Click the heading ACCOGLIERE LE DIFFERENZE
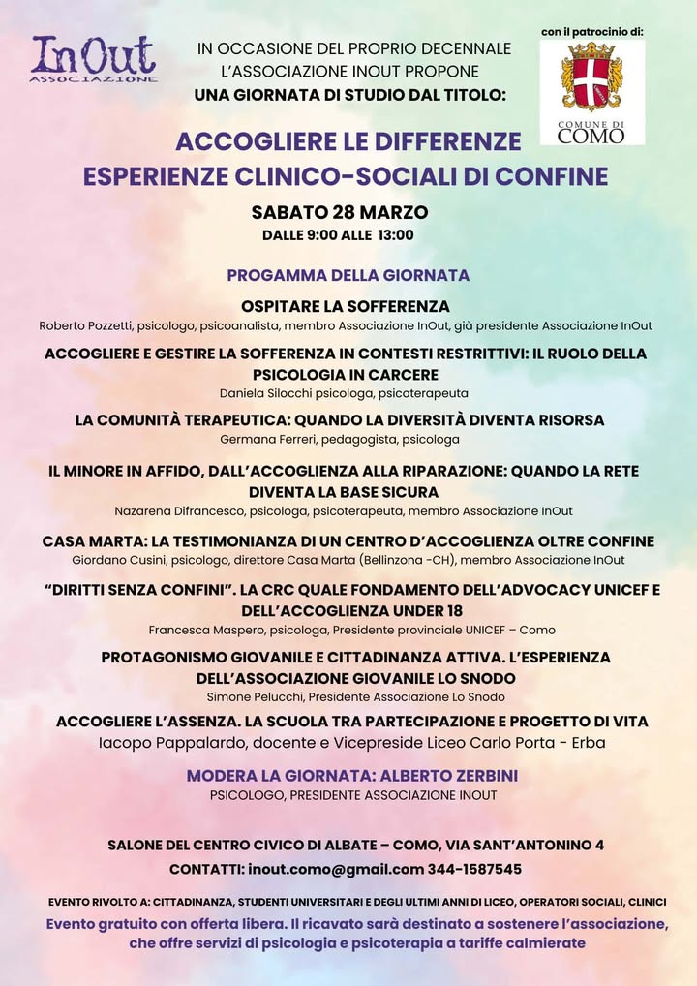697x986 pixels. pyautogui.click(x=348, y=141)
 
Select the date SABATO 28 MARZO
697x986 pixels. pyautogui.click(x=339, y=212)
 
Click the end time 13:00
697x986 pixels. pyautogui.click(x=394, y=234)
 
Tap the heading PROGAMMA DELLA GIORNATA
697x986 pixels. pyautogui.click(x=348, y=275)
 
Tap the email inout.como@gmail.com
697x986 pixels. pyautogui.click(x=336, y=869)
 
